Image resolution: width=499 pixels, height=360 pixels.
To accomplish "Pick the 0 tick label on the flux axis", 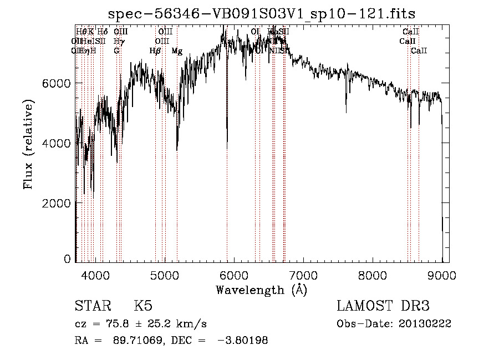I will [x=68, y=259].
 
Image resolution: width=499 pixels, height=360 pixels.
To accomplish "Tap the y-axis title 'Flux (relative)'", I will [x=28, y=144].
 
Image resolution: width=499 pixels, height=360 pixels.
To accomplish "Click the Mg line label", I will [x=177, y=51].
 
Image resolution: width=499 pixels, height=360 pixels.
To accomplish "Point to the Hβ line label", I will [x=155, y=51].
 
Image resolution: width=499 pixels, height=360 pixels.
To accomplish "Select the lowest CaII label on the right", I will [x=419, y=51].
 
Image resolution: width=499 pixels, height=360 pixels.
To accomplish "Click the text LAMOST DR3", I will [x=383, y=306].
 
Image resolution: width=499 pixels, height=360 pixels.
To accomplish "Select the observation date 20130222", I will [x=425, y=323].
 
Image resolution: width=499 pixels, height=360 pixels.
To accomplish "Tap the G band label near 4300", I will [x=116, y=51].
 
